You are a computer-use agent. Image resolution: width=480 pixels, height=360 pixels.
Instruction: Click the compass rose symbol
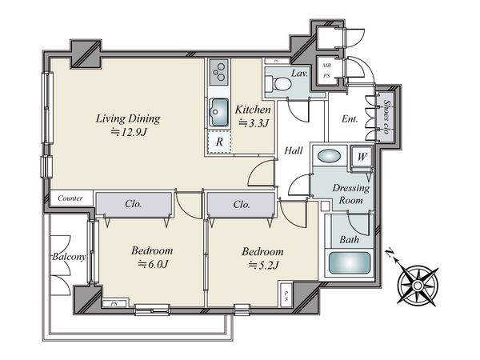418,286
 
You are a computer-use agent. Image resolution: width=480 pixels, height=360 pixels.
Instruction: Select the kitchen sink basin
219,112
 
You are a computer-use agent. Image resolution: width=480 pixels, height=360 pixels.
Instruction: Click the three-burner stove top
219,72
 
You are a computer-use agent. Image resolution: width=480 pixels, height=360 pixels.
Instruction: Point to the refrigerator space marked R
219,142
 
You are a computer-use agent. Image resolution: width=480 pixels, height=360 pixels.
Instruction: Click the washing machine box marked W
362,157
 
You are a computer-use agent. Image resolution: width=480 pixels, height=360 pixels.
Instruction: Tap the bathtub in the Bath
349,263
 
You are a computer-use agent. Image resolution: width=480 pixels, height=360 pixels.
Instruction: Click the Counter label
70,198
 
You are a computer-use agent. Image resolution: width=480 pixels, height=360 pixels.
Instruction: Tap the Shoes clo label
386,117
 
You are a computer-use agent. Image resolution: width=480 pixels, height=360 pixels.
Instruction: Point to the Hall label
294,150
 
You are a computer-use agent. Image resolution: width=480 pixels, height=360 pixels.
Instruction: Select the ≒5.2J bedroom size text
263,265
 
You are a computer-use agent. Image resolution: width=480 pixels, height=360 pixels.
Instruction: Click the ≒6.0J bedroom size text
153,264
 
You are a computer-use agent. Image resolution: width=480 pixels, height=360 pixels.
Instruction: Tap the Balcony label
69,257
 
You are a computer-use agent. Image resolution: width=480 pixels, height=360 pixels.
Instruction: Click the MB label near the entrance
326,66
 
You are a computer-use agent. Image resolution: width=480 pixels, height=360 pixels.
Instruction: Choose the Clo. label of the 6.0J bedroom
134,203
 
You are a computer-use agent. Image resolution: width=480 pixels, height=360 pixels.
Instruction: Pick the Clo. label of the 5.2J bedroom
242,204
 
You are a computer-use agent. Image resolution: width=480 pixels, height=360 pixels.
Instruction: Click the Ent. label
350,118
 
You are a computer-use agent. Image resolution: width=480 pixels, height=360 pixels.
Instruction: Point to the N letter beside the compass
390,253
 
